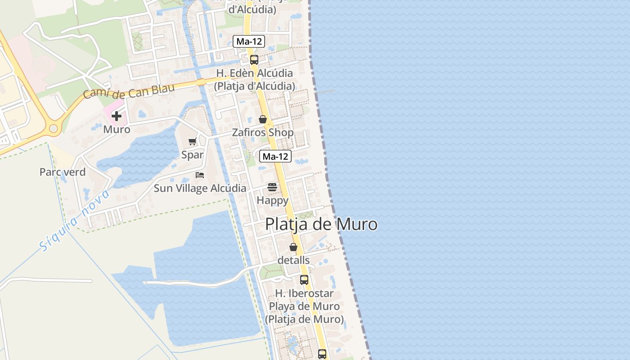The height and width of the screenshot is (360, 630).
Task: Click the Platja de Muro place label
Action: point(321,224)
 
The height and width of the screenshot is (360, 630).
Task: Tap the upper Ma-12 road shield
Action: point(249,41)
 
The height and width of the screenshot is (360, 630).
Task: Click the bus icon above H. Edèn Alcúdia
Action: point(254,60)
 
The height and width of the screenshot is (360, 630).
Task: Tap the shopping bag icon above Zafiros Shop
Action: point(263,120)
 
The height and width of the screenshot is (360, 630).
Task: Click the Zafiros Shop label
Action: point(263,133)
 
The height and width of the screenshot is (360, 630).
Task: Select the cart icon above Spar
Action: point(193,142)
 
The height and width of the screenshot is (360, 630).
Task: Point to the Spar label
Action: point(193,155)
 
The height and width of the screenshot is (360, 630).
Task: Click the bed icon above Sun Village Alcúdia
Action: point(200,175)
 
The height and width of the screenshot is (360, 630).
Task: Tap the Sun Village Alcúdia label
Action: point(200,188)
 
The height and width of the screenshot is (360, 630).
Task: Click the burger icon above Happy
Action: point(272,187)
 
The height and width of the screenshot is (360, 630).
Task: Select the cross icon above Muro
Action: point(117,116)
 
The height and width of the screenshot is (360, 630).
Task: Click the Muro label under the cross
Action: point(117,130)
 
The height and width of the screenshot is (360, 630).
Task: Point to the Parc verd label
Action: point(63,172)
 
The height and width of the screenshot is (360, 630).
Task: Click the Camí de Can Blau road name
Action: point(129,91)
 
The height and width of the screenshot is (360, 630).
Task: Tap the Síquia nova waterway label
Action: point(75,220)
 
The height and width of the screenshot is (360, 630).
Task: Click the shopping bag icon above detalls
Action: point(293,247)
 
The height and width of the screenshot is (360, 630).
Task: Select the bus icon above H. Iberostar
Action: point(304,279)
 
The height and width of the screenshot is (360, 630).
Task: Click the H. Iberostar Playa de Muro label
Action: point(304,306)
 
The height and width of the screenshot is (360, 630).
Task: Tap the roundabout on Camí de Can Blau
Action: point(53,129)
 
